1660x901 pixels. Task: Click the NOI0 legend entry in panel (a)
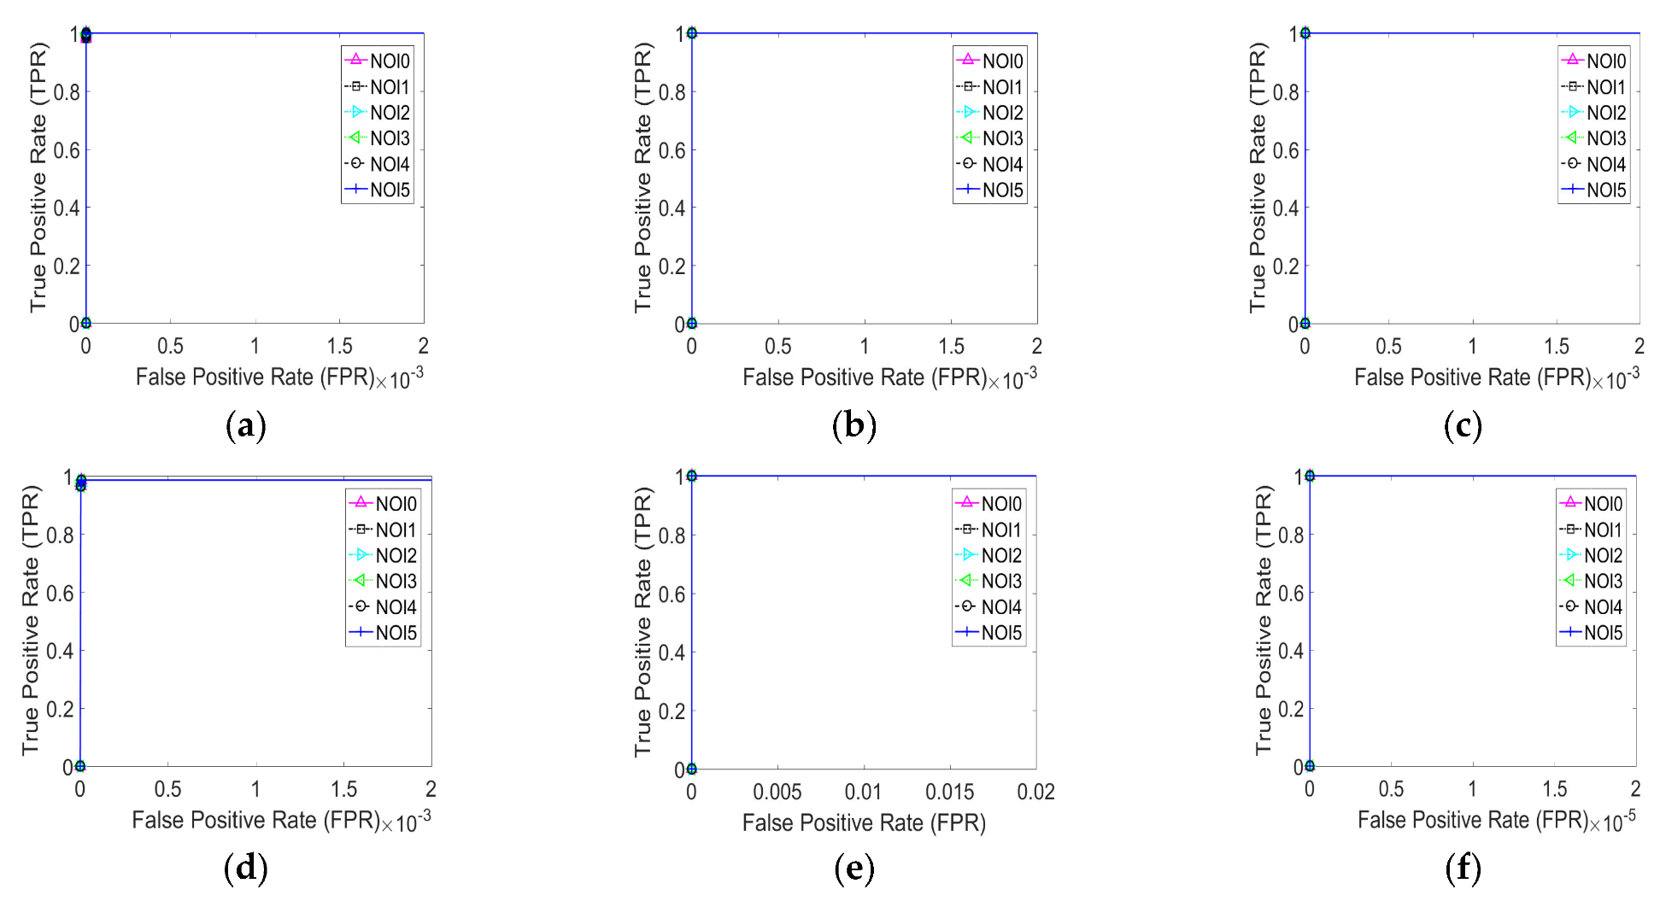378,61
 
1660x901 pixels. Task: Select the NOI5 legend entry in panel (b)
990,190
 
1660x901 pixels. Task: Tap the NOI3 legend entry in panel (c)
1594,137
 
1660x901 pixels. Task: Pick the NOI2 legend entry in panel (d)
384,555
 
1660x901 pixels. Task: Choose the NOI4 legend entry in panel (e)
989,607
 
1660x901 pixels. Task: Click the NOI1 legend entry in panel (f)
1592,529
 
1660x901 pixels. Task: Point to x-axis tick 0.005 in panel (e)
777,792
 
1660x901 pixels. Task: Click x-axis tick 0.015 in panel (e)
949,792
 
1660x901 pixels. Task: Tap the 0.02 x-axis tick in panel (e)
1035,792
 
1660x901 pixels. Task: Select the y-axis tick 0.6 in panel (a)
67,150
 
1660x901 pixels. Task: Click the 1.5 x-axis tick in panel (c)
1556,346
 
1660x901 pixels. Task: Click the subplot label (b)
853,425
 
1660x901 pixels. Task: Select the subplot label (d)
245,869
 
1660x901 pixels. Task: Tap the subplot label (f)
1463,869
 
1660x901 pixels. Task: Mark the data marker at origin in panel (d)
79,766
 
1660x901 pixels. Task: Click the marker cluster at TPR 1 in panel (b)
691,33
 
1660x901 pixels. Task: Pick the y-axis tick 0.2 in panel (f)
1292,709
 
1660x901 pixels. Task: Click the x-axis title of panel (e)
863,822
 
